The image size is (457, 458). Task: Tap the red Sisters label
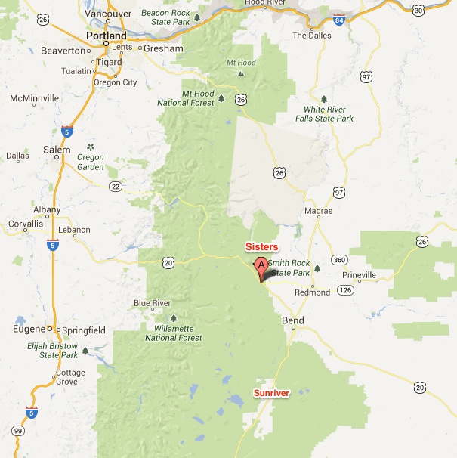tap(261, 247)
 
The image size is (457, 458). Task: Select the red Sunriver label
tap(271, 393)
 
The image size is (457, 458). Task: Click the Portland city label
tap(107, 36)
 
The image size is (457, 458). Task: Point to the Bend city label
tap(292, 320)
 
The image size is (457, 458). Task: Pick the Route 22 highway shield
tap(115, 186)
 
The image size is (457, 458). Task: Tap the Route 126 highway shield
tap(345, 289)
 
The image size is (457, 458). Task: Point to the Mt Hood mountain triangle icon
tap(240, 74)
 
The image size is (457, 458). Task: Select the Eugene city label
tap(29, 330)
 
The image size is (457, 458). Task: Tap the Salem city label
tap(57, 150)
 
